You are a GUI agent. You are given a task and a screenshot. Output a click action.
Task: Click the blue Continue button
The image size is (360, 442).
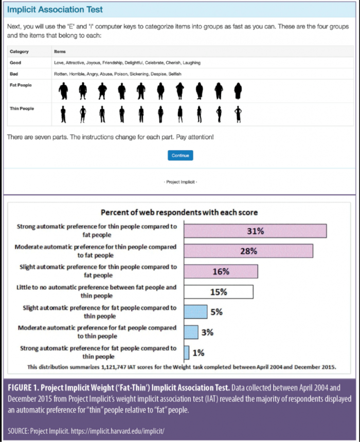[x=180, y=155]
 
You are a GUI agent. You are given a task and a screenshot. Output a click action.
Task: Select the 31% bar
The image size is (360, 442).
[x=255, y=231]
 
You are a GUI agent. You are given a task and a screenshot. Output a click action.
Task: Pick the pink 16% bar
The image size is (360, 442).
[x=221, y=271]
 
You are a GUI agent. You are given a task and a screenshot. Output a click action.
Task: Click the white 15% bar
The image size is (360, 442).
[x=218, y=291]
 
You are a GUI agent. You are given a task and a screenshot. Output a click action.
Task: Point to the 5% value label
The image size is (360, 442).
[x=217, y=312]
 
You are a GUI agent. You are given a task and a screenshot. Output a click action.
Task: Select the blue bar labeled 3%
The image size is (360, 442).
[x=191, y=332]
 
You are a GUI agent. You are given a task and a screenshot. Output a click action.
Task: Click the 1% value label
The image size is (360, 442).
[x=199, y=353]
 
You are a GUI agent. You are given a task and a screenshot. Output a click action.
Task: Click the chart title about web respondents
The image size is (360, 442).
[x=179, y=212]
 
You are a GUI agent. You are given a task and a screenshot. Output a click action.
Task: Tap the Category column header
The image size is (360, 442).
[x=19, y=51]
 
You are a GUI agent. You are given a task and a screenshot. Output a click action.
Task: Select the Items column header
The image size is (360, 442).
[x=60, y=51]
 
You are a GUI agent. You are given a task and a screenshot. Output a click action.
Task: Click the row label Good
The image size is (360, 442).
[x=15, y=63]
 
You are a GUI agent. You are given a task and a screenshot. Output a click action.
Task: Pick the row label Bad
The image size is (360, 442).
[x=14, y=74]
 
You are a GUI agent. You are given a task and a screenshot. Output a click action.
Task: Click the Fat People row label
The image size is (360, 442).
[x=21, y=85]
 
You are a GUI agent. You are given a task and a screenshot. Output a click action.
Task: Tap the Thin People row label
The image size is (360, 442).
[x=22, y=108]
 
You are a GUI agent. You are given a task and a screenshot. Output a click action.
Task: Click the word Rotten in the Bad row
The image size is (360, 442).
[x=61, y=74]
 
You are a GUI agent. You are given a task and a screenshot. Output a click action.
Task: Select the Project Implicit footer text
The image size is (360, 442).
[x=180, y=182]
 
